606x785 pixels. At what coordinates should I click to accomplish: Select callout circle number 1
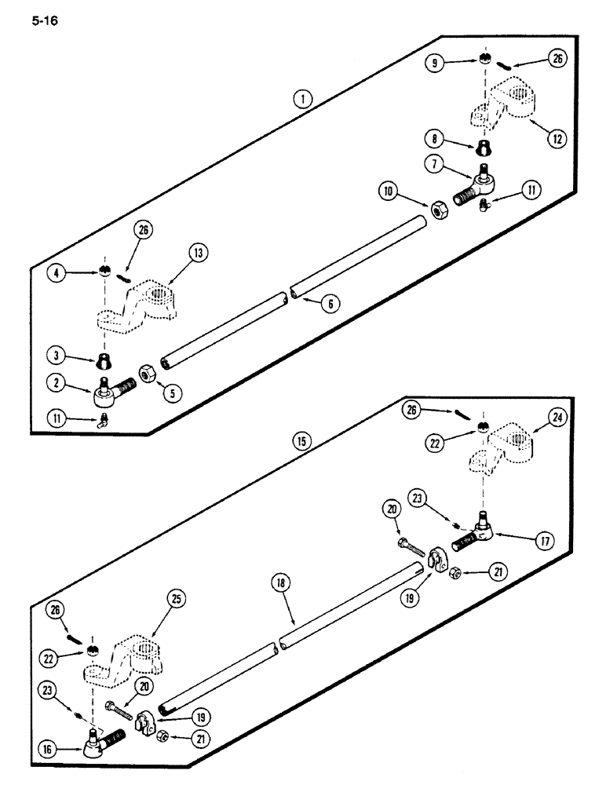[301, 99]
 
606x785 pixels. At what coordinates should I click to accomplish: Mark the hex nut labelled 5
[147, 372]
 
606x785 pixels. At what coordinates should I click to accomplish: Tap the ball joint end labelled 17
[477, 534]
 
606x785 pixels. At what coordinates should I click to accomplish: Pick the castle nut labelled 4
[104, 272]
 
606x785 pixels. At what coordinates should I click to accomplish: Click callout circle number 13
[176, 253]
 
